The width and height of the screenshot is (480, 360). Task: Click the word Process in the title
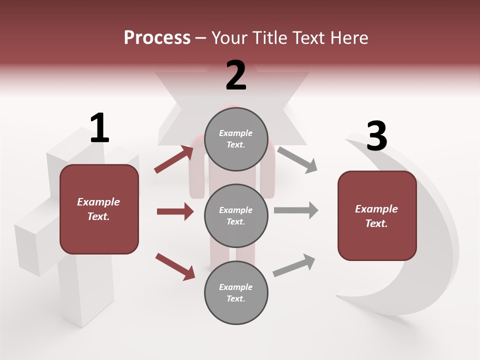pyautogui.click(x=157, y=38)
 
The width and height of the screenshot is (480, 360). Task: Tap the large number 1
pyautogui.click(x=99, y=128)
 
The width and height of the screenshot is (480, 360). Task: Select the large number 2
pyautogui.click(x=236, y=75)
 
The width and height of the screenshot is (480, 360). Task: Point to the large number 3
pyautogui.click(x=376, y=136)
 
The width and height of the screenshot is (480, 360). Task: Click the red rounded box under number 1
pyautogui.click(x=99, y=209)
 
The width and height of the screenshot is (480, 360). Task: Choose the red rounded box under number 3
pyautogui.click(x=377, y=215)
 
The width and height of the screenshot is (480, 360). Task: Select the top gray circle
pyautogui.click(x=236, y=139)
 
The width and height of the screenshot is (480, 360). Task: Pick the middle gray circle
pyautogui.click(x=236, y=215)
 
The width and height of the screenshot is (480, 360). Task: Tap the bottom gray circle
pyautogui.click(x=236, y=292)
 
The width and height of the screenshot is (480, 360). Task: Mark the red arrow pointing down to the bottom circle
pyautogui.click(x=175, y=266)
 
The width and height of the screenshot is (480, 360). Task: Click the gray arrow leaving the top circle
pyautogui.click(x=297, y=160)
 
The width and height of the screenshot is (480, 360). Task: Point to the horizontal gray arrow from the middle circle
pyautogui.click(x=295, y=210)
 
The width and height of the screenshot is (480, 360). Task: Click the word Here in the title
pyautogui.click(x=347, y=38)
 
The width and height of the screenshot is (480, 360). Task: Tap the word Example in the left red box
pyautogui.click(x=98, y=202)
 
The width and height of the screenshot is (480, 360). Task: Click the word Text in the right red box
pyautogui.click(x=375, y=223)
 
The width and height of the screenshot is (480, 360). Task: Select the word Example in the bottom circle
pyautogui.click(x=235, y=287)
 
